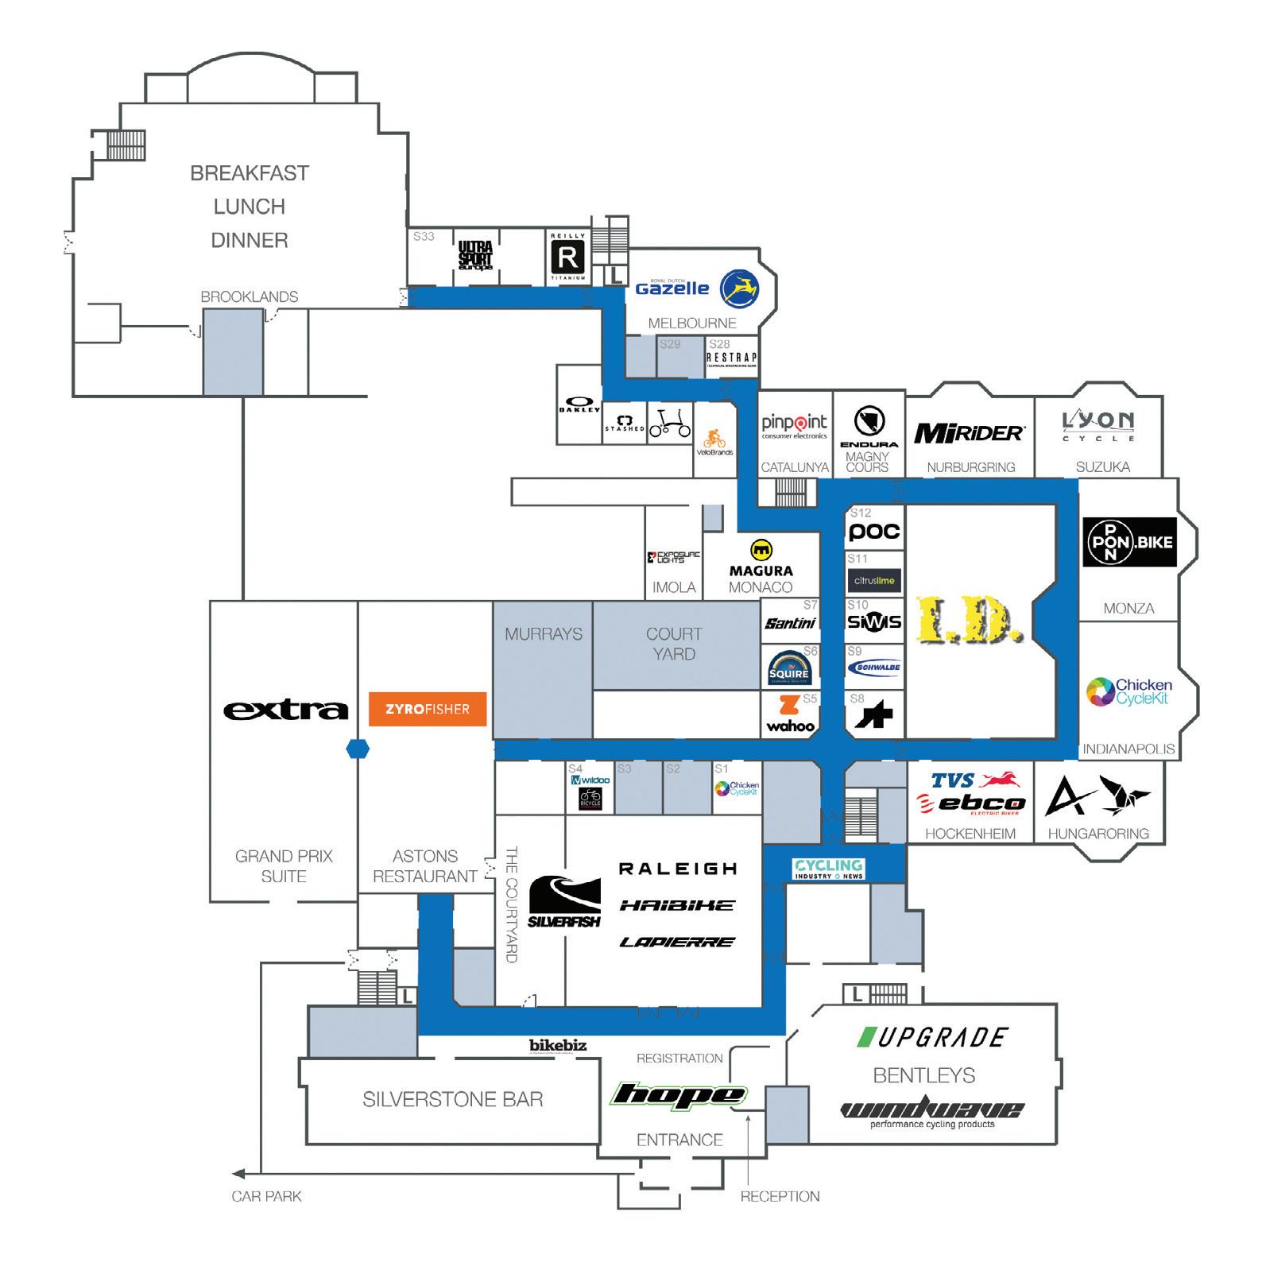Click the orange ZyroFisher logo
pos(428,709)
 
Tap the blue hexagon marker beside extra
pos(358,749)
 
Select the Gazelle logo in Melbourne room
pos(696,288)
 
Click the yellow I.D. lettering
pos(970,620)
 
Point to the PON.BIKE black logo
pos(1128,543)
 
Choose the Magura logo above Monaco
pos(761,559)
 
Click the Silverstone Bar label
pos(453,1100)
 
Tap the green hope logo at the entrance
pos(678,1095)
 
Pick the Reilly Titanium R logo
pos(568,257)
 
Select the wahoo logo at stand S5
pos(790,714)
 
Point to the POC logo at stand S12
pos(874,532)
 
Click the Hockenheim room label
pos(970,834)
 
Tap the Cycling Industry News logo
pos(829,869)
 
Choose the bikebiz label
pos(558,1045)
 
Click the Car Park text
pos(266,1196)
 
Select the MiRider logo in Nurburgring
pos(970,433)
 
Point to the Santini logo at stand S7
pos(790,624)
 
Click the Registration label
pos(679,1059)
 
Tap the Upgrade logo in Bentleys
pos(933,1037)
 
